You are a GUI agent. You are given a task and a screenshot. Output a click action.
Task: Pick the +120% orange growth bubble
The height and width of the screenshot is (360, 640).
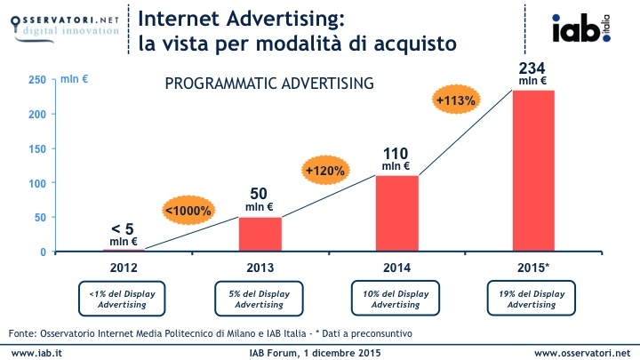pyautogui.click(x=324, y=169)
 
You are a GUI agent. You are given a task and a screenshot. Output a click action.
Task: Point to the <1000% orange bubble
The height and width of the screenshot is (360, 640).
pyautogui.click(x=188, y=211)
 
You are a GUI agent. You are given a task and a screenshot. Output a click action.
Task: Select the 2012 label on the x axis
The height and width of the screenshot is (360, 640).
pyautogui.click(x=124, y=265)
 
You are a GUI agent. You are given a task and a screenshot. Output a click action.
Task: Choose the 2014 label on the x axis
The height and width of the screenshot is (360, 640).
pyautogui.click(x=396, y=265)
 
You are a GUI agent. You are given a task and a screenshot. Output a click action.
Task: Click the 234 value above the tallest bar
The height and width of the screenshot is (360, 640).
pyautogui.click(x=532, y=68)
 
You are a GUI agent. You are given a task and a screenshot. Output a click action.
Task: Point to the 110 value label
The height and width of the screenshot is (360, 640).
pyautogui.click(x=396, y=153)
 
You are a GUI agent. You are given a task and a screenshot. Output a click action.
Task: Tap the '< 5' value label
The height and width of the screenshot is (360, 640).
pyautogui.click(x=123, y=228)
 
